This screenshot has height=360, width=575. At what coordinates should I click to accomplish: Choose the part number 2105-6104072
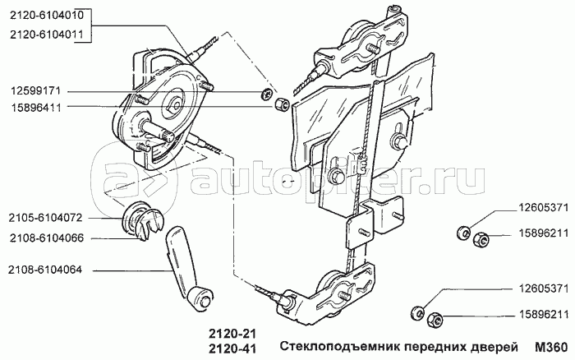[44, 219]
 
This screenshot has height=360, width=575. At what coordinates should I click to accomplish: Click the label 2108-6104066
[44, 238]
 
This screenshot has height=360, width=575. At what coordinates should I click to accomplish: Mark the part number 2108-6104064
[44, 270]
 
